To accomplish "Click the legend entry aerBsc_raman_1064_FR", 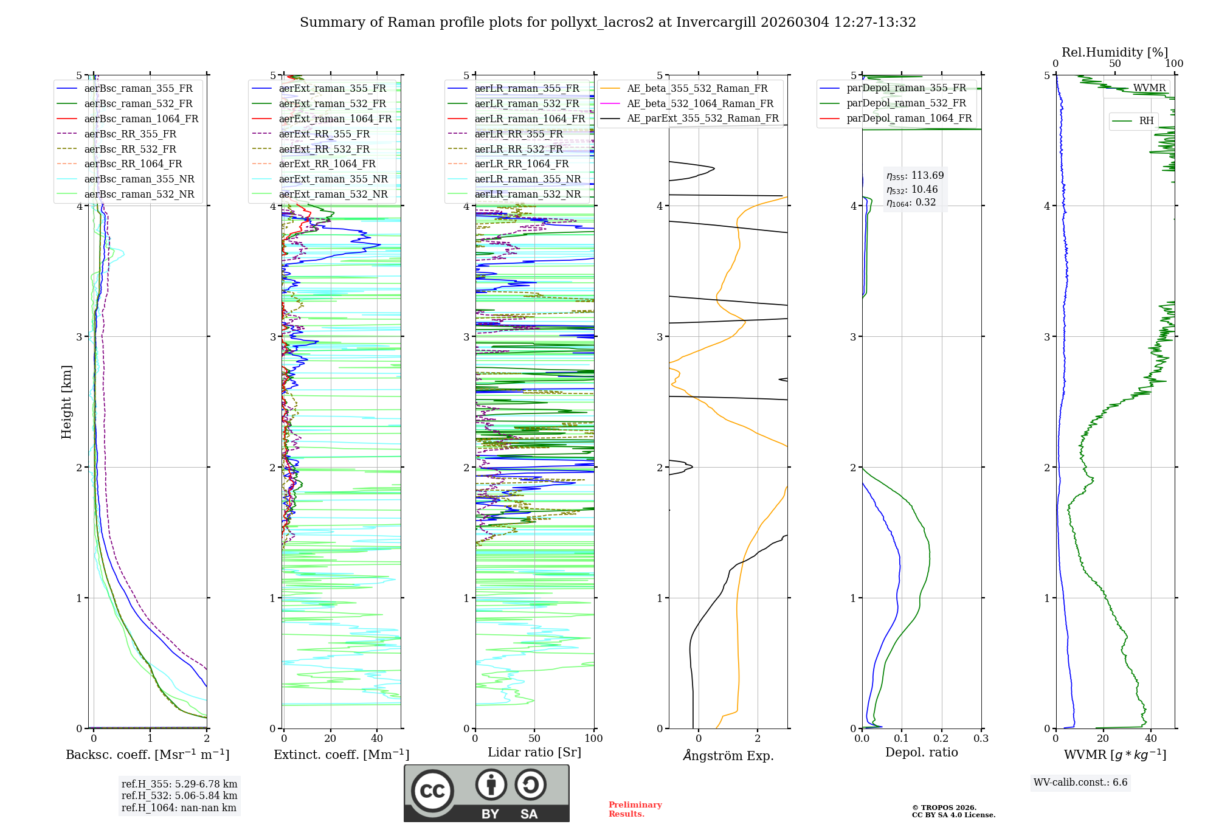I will coord(141,119).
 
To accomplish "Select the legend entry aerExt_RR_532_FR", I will coord(324,149).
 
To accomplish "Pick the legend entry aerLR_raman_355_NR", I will coord(527,179).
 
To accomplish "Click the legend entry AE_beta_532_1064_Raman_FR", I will coord(700,103).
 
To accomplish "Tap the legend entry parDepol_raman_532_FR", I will coord(906,103).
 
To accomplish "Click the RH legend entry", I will coord(1146,121).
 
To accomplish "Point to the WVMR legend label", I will coord(1149,88).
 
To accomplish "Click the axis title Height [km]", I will coord(66,402).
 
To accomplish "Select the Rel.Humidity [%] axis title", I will coord(1114,52).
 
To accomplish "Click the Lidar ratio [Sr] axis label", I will coord(534,752).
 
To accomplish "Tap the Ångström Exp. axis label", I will coord(728,755).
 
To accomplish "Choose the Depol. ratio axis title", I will coord(921,752).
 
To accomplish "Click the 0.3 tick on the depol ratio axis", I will coord(981,738).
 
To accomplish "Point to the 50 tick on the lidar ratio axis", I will coord(534,738).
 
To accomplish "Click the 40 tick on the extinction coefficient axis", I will coord(377,738).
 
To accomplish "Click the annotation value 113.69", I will coord(927,176).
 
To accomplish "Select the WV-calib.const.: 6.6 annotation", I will coord(1080,782).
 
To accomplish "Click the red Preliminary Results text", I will coord(635,809).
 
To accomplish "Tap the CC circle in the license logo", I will coord(432,791).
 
